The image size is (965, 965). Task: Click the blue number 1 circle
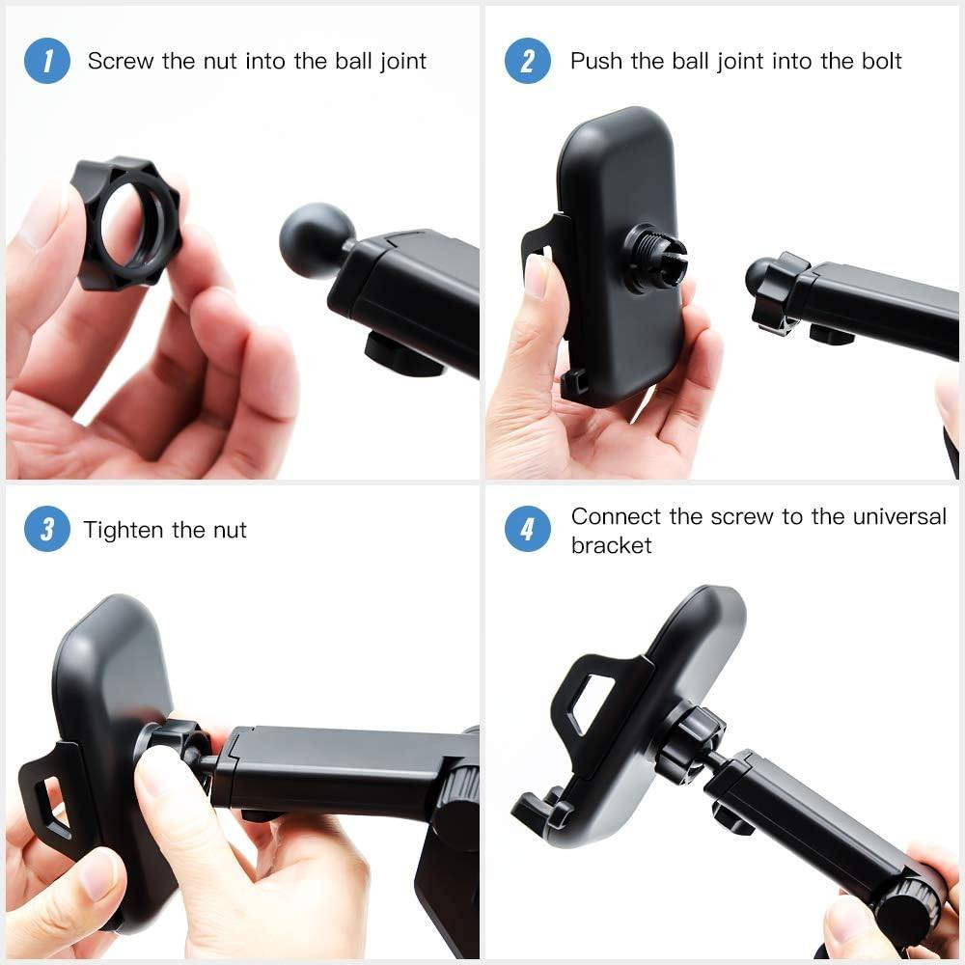tap(47, 61)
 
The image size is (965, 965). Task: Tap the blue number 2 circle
tap(528, 61)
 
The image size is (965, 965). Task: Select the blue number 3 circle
tap(47, 530)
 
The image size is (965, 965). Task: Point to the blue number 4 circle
tap(528, 530)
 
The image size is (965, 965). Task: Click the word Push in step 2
tap(596, 62)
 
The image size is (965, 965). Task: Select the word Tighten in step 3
tap(124, 530)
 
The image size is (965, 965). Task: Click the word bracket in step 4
tap(612, 545)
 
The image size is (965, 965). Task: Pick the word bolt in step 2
tap(879, 62)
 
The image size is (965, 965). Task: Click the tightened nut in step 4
tap(689, 741)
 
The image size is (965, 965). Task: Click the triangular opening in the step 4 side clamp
tap(591, 701)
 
